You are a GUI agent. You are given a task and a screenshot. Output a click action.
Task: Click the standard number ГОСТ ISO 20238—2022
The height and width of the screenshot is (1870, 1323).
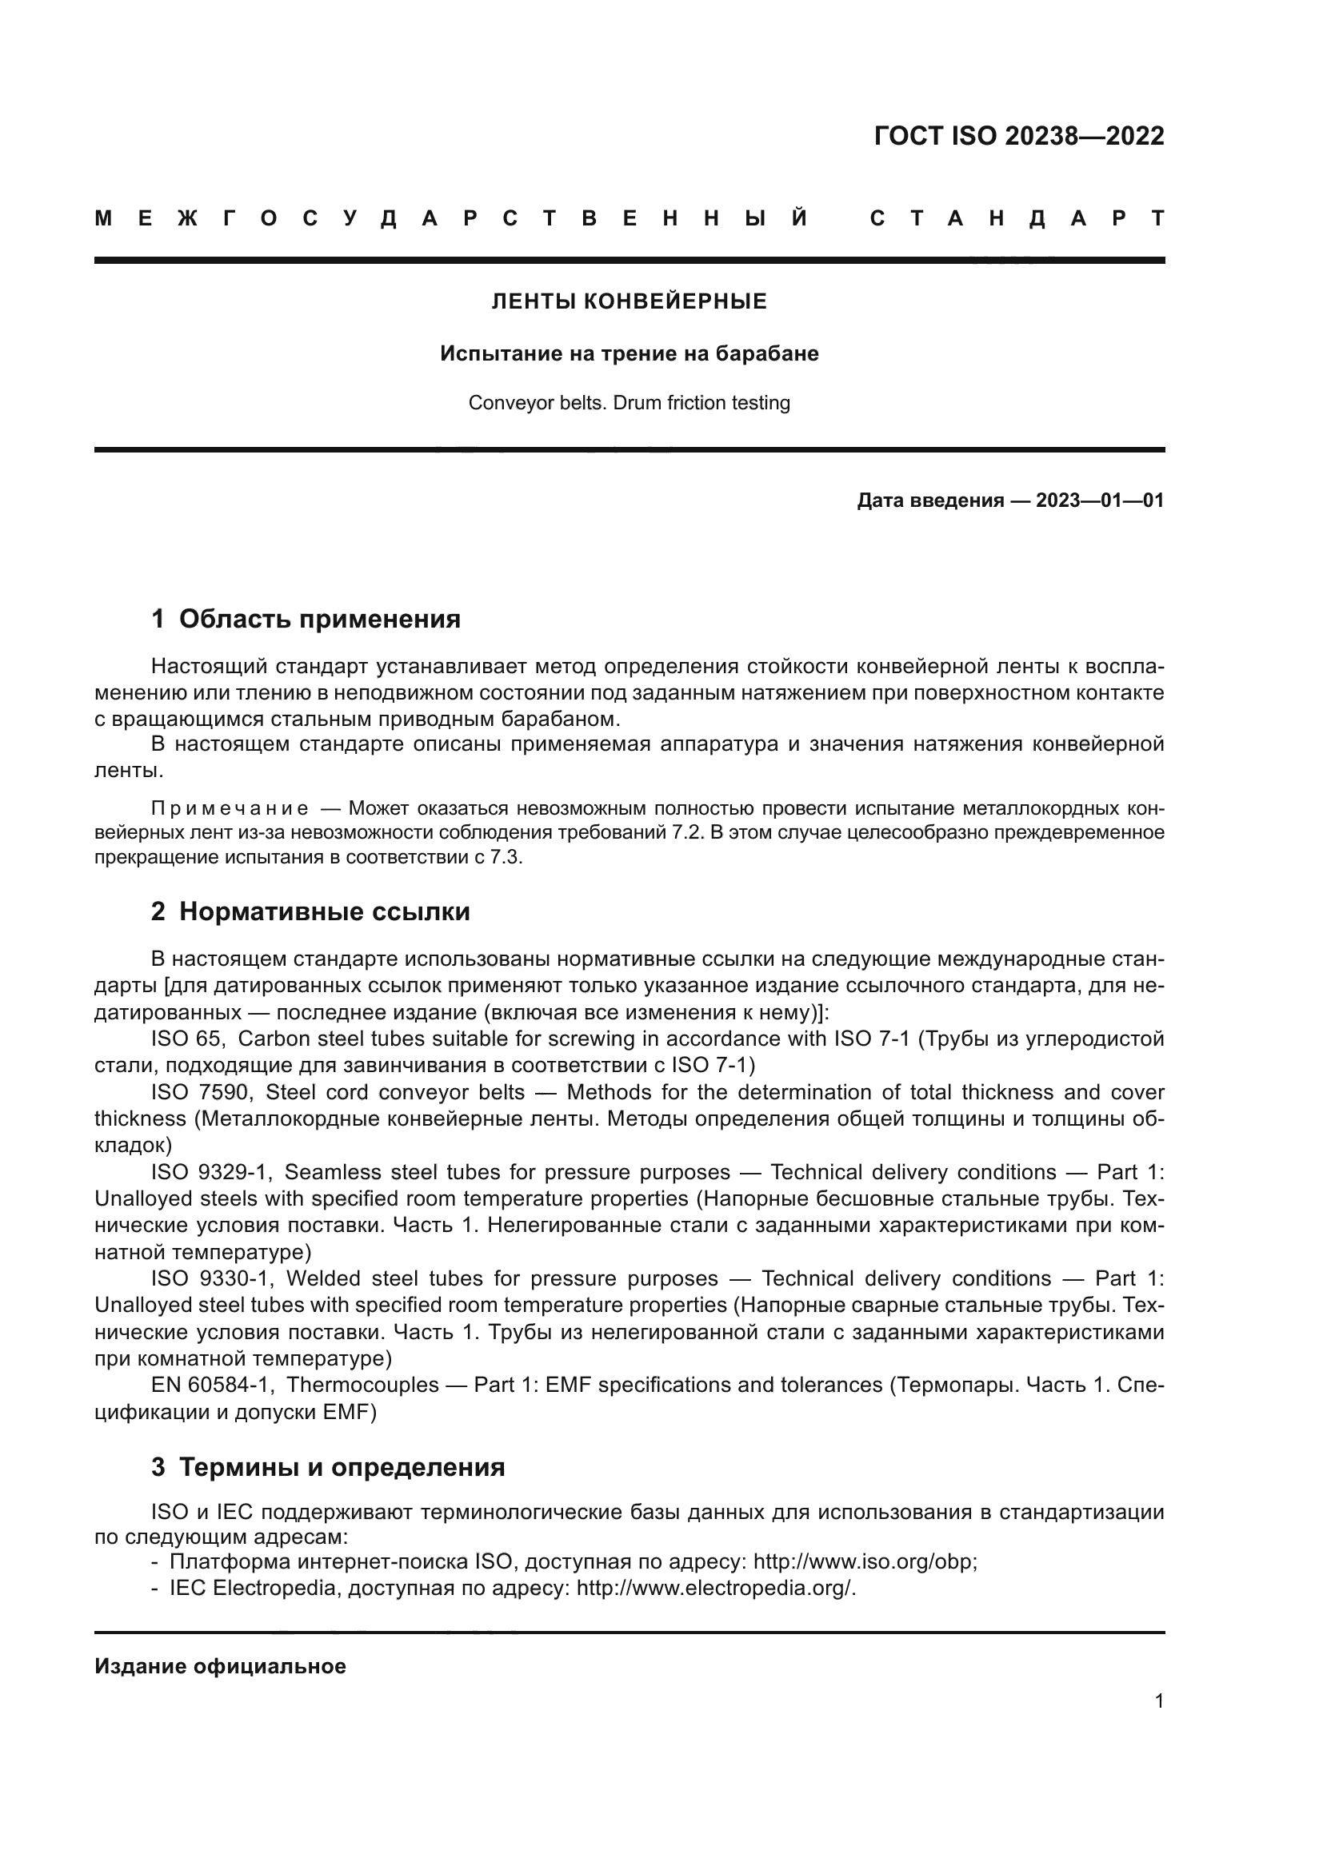point(1018,136)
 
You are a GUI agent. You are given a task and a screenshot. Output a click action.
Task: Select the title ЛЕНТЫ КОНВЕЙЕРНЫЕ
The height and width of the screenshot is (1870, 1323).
point(629,302)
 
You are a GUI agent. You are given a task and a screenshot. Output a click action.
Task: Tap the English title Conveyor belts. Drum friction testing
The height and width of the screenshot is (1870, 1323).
point(629,403)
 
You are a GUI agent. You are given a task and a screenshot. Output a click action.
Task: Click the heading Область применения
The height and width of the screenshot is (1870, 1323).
point(319,619)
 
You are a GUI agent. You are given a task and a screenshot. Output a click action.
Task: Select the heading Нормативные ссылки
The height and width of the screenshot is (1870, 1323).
point(324,911)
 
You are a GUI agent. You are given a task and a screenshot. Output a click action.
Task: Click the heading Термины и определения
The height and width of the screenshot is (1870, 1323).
point(342,1467)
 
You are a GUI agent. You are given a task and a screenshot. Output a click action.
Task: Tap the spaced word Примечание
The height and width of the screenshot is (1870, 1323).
point(230,809)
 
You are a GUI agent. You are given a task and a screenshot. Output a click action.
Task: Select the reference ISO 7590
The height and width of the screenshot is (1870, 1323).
point(200,1092)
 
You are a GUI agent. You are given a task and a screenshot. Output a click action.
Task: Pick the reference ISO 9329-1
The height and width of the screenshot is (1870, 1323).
point(210,1172)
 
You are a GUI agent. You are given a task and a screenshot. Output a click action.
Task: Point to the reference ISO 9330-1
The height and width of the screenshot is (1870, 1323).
point(211,1278)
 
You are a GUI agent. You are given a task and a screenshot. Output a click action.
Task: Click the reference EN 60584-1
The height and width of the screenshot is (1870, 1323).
point(212,1385)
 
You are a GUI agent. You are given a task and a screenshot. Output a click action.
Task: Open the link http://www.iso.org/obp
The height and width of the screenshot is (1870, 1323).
point(864,1562)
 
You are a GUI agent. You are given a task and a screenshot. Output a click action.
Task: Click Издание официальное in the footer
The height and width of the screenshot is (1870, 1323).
point(220,1666)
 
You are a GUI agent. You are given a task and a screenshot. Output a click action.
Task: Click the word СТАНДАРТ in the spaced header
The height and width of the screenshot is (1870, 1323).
point(1017,219)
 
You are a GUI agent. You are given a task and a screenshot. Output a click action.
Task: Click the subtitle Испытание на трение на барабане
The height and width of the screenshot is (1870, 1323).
point(629,353)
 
